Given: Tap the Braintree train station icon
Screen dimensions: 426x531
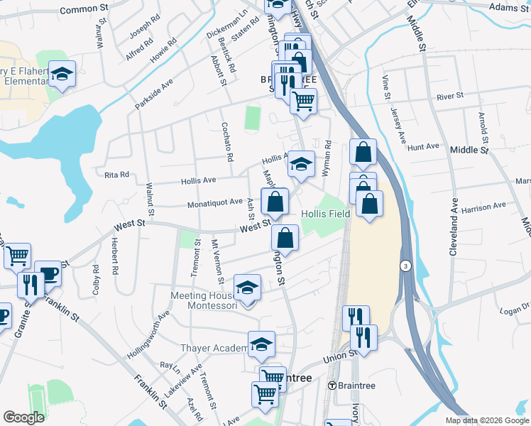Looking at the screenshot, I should [x=332, y=386].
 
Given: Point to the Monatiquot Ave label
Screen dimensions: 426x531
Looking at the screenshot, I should [x=215, y=203].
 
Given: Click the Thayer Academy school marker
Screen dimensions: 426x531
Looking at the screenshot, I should [x=261, y=344].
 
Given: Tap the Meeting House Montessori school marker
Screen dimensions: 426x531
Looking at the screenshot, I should [x=246, y=287].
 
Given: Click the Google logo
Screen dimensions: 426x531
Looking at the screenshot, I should [x=23, y=417].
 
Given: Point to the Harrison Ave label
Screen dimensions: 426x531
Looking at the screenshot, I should [x=483, y=207].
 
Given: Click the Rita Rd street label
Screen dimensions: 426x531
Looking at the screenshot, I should [x=116, y=175].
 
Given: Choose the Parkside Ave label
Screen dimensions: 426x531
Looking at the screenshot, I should [x=154, y=94].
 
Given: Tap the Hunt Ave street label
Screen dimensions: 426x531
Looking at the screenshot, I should [x=424, y=147].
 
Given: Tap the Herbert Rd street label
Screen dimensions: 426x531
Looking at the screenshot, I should [x=114, y=253].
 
